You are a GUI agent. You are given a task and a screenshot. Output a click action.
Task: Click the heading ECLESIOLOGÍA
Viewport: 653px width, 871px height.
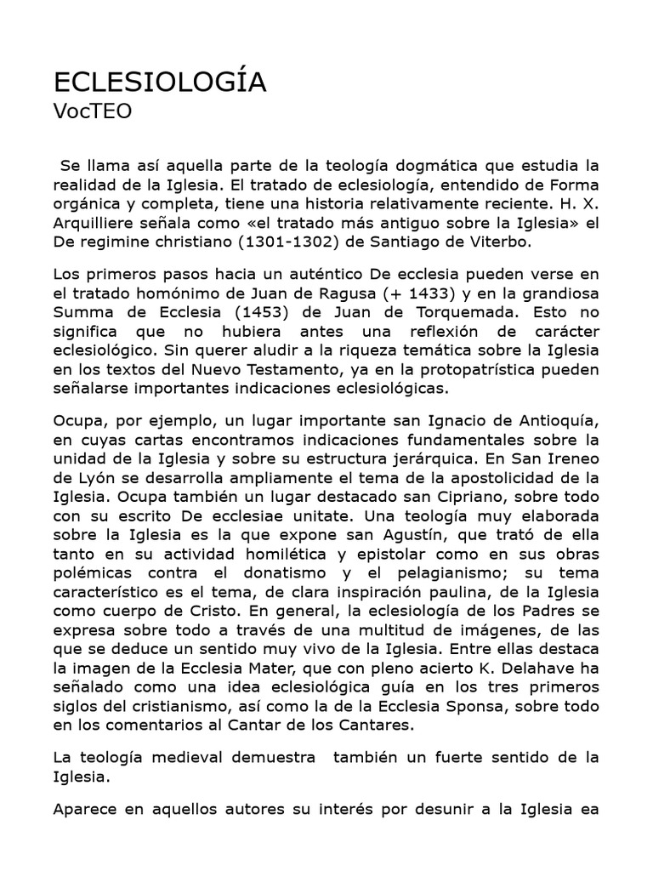click(x=160, y=83)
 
